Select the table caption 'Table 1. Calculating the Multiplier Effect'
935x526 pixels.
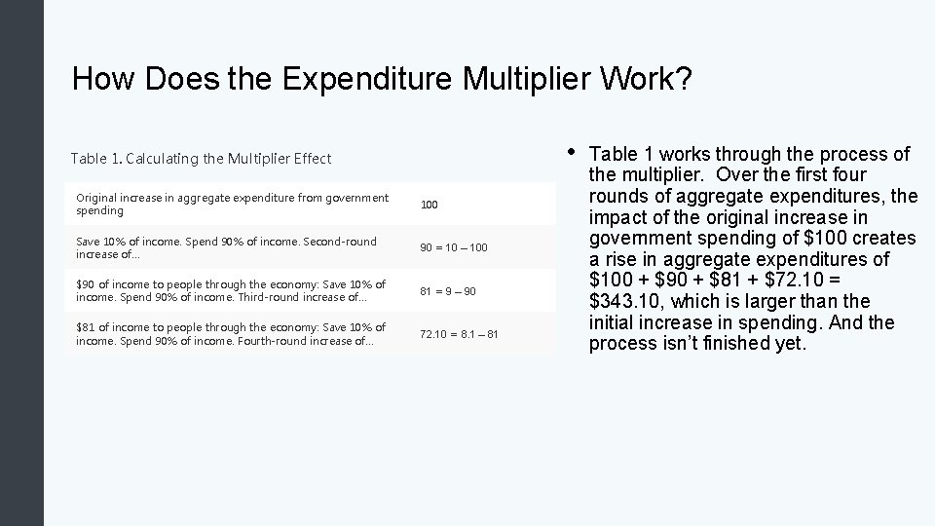201,158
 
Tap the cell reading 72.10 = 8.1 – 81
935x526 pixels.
459,334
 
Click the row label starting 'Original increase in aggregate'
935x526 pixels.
232,205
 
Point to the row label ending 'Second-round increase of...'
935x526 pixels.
226,247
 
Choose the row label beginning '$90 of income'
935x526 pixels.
231,290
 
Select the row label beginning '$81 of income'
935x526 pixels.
231,333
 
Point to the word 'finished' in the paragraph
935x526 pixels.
736,344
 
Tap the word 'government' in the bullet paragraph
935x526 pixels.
637,239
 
